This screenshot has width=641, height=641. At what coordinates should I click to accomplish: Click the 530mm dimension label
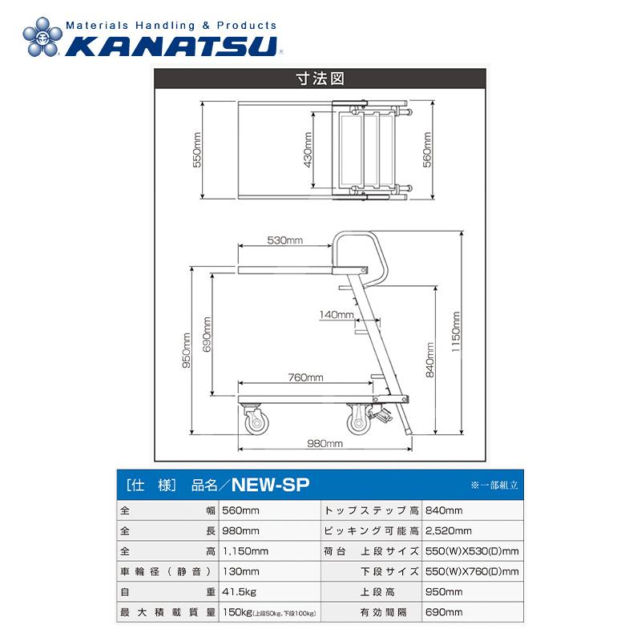pos(284,240)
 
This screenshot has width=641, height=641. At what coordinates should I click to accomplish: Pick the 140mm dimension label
pos(336,315)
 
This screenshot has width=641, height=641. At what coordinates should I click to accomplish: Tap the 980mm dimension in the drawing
pos(325,443)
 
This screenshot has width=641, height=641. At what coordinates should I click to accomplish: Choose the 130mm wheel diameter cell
pos(240,571)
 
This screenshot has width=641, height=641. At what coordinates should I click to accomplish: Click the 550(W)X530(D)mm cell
pos(471,551)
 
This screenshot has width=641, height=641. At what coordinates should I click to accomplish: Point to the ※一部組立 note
pos(494,485)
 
